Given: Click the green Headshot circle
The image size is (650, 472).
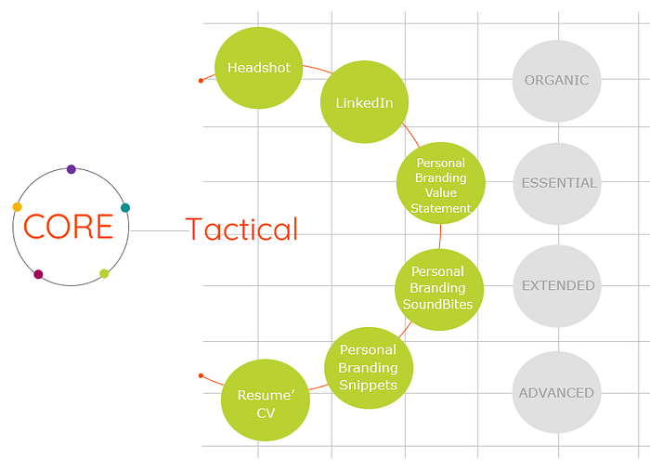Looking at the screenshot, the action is tap(259, 68).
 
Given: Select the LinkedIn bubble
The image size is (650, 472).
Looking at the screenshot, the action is tap(364, 102).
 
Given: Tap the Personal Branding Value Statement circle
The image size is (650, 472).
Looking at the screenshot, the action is tap(441, 183).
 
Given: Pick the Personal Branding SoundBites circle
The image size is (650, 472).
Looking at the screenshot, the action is tap(439, 290).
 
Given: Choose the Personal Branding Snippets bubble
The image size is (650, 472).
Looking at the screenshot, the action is tap(369, 368).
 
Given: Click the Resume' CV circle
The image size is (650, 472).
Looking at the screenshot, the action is tap(266, 400).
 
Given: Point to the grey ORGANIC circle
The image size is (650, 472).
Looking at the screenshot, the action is tap(557, 81).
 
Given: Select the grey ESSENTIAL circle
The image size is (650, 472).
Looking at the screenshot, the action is tap(557, 184).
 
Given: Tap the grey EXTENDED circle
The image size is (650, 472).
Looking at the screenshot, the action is tap(557, 286).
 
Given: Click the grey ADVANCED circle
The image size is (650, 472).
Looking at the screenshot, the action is tap(557, 392).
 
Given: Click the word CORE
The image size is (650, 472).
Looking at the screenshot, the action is tap(68, 227).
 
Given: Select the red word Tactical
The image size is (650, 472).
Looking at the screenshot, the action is tap(241, 229).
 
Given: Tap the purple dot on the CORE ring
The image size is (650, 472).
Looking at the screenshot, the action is tap(71, 169).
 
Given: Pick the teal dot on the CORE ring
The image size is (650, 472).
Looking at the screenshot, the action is tap(125, 208).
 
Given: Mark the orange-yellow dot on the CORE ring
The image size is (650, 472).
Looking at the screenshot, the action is tap(18, 207).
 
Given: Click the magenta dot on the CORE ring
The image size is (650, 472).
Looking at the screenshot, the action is tap(38, 274).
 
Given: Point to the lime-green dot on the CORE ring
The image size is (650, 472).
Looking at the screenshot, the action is tap(104, 273).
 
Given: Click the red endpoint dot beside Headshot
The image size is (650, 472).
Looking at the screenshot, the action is tap(201, 81).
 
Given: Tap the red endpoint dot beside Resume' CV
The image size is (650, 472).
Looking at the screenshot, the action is tap(201, 375).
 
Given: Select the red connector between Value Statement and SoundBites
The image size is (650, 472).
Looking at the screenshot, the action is tap(440, 236).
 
